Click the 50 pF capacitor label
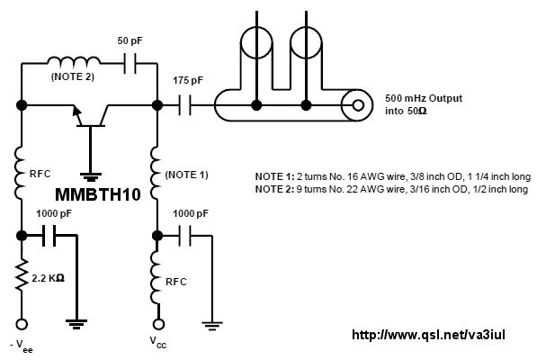coord(130,40)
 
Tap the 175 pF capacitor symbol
coord(185,105)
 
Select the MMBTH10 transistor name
coord(98,194)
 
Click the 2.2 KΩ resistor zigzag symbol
coord(22,275)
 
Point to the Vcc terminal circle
coord(158,324)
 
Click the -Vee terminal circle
coord(22,324)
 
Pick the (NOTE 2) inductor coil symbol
coord(74,60)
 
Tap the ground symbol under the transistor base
coord(91,177)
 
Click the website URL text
coord(428,335)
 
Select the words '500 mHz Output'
coord(424,98)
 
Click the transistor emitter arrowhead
coord(77,112)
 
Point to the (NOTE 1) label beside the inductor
coord(187,175)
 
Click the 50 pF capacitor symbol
coord(130,63)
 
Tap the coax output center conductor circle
coord(358,105)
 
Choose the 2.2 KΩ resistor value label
coord(48,278)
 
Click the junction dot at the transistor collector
coord(157,105)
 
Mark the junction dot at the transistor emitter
coord(22,105)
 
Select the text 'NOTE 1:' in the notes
coord(274,176)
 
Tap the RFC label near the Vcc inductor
coord(176,282)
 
